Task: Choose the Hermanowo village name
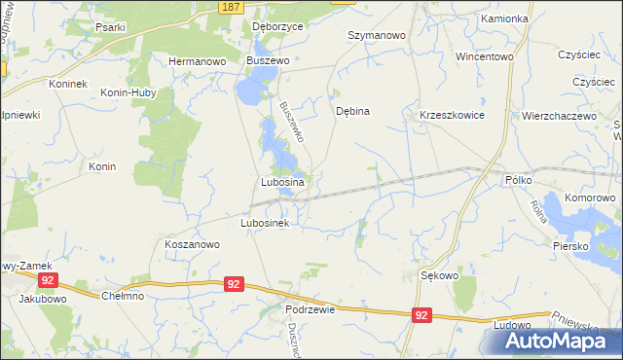[x=198, y=60]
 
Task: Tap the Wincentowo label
[x=484, y=56]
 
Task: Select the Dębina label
[x=352, y=111]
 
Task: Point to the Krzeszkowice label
[x=452, y=115]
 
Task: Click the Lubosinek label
[x=266, y=223]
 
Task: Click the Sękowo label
[x=439, y=275]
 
